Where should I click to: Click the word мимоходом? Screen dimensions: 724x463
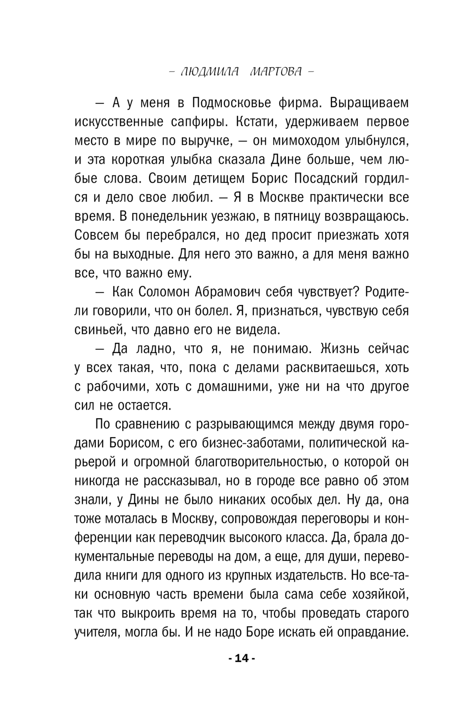[x=305, y=141]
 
